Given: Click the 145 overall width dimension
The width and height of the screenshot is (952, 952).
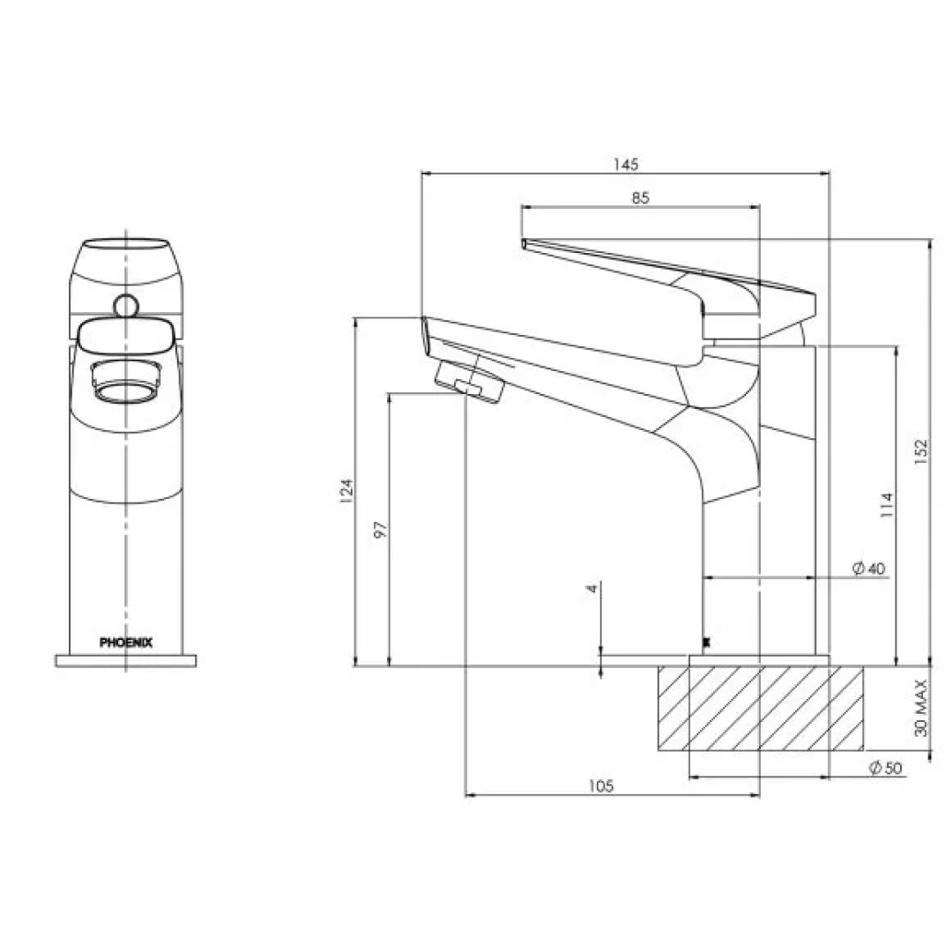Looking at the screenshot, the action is pos(625,165).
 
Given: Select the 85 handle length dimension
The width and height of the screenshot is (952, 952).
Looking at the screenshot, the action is pos(641,198).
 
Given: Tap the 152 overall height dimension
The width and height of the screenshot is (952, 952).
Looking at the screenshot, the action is pos(921,452).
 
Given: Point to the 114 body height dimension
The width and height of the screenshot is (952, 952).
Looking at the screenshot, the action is pos(887,504).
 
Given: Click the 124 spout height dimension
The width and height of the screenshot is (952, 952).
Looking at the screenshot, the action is pos(346,491).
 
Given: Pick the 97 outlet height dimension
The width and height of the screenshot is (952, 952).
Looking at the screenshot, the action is pos(381,530).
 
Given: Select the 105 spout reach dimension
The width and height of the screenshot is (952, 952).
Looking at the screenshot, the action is pos(601,786).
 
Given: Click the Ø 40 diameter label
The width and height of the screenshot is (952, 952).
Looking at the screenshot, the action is pos(869,569).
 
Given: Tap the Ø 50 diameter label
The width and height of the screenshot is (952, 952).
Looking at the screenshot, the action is pos(886,768).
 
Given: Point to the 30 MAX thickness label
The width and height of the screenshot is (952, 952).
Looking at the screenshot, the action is pos(922,708).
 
